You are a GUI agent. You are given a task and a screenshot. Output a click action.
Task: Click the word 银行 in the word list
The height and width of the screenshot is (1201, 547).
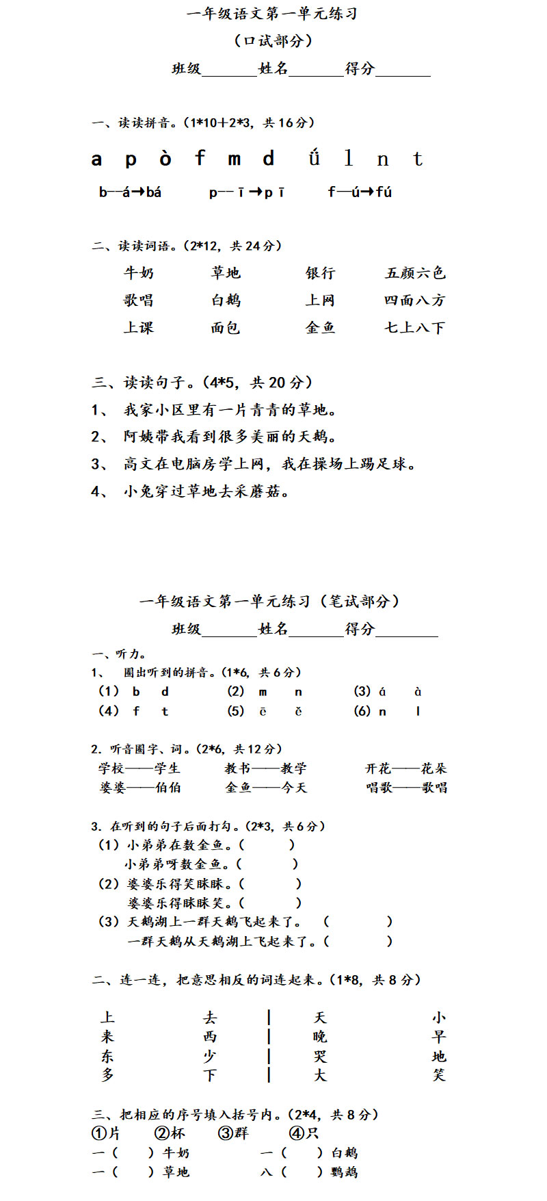pos(320,273)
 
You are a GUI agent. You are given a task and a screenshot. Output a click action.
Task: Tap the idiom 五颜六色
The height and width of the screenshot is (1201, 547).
pos(415,273)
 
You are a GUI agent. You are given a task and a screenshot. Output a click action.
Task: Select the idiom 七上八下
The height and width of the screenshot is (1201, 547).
pos(414,328)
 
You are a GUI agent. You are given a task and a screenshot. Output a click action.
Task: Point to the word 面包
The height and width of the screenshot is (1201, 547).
pos(226,328)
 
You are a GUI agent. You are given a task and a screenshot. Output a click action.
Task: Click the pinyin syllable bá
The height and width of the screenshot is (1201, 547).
pos(153,192)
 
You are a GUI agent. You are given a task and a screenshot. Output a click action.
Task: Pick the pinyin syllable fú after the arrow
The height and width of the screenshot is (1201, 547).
pos(384,192)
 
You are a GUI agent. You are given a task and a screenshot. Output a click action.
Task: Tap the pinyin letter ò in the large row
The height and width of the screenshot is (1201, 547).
pos(165,159)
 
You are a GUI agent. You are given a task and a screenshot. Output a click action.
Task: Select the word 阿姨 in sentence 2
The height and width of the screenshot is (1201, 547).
pos(139,437)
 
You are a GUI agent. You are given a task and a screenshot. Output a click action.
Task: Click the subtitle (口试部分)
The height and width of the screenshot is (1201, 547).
pos(273,41)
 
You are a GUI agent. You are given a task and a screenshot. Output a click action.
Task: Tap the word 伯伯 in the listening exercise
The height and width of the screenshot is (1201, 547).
pos(168,788)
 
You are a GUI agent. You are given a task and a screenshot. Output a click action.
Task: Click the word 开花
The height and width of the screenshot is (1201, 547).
pos(378,769)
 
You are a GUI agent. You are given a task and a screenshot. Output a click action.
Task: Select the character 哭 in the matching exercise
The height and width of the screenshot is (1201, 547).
pos(320,1057)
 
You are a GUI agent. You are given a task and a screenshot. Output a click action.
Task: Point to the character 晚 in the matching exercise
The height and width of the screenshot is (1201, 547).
pos(320,1037)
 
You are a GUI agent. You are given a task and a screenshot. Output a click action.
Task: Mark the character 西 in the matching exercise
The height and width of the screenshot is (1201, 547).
pos(210,1037)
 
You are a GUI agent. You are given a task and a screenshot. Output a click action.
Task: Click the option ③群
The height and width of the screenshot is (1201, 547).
pos(233,1133)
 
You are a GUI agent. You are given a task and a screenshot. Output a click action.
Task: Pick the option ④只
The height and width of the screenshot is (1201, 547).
pos(304,1133)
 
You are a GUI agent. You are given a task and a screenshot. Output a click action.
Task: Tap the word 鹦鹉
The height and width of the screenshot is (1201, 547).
pos(344,1172)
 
